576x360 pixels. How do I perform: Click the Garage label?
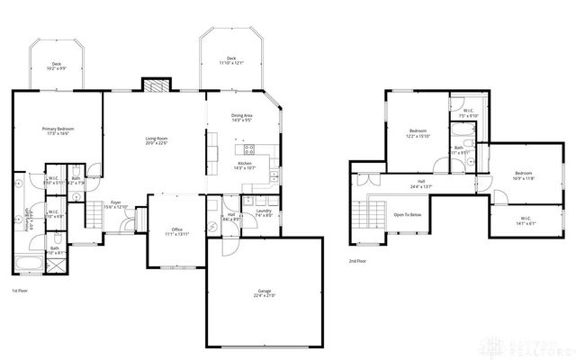point(265,292)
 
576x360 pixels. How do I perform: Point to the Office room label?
point(176,231)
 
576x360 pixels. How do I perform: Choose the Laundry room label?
point(264,212)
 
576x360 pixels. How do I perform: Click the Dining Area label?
point(241,117)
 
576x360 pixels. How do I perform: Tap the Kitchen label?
point(245,165)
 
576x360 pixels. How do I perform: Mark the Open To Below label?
point(408,215)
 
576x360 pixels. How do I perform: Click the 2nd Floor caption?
point(357,261)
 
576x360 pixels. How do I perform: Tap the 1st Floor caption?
point(20,291)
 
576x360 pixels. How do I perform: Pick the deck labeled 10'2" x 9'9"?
point(57,66)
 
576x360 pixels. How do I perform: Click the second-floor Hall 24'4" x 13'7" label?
point(420,184)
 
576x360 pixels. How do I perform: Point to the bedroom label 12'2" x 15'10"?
point(418,133)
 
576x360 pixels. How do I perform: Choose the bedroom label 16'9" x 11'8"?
point(524,175)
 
